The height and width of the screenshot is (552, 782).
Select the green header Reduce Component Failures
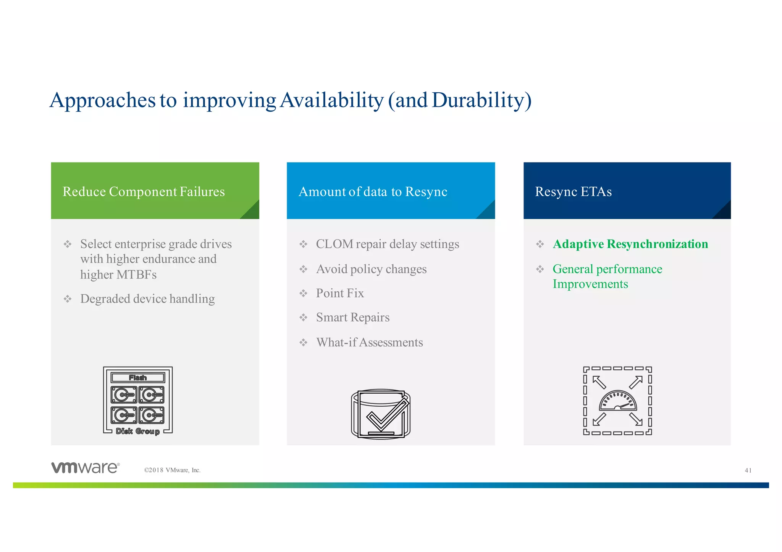point(144,192)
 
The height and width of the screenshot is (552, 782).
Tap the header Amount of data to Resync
point(373,192)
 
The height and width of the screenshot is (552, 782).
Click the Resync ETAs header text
point(573,192)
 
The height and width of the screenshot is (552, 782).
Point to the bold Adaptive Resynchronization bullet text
point(630,244)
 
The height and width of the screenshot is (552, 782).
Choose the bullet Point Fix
point(340,293)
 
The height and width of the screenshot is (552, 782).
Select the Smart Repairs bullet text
point(352,317)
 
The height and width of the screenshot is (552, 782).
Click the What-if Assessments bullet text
point(369,343)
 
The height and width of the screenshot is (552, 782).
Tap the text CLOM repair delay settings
point(387,244)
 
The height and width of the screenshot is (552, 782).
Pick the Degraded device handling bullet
point(147,299)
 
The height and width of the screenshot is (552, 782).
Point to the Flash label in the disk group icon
point(138,378)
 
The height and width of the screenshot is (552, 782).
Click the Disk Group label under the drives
point(138,431)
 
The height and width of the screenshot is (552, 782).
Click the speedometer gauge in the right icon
point(617,401)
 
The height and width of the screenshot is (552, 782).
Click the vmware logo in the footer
point(86,468)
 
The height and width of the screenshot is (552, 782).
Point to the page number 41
point(748,470)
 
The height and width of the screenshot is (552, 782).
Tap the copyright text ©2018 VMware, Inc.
point(172,470)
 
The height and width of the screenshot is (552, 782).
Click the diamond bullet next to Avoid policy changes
point(303,269)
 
